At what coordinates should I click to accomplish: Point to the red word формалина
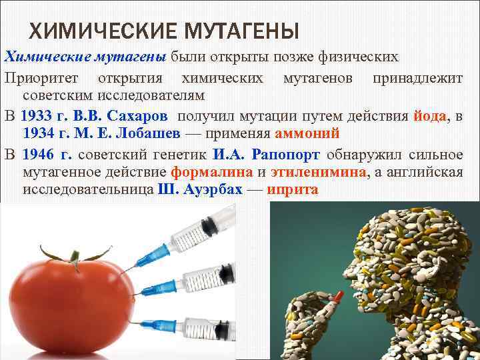coord(212,172)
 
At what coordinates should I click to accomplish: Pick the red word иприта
coord(293,190)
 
